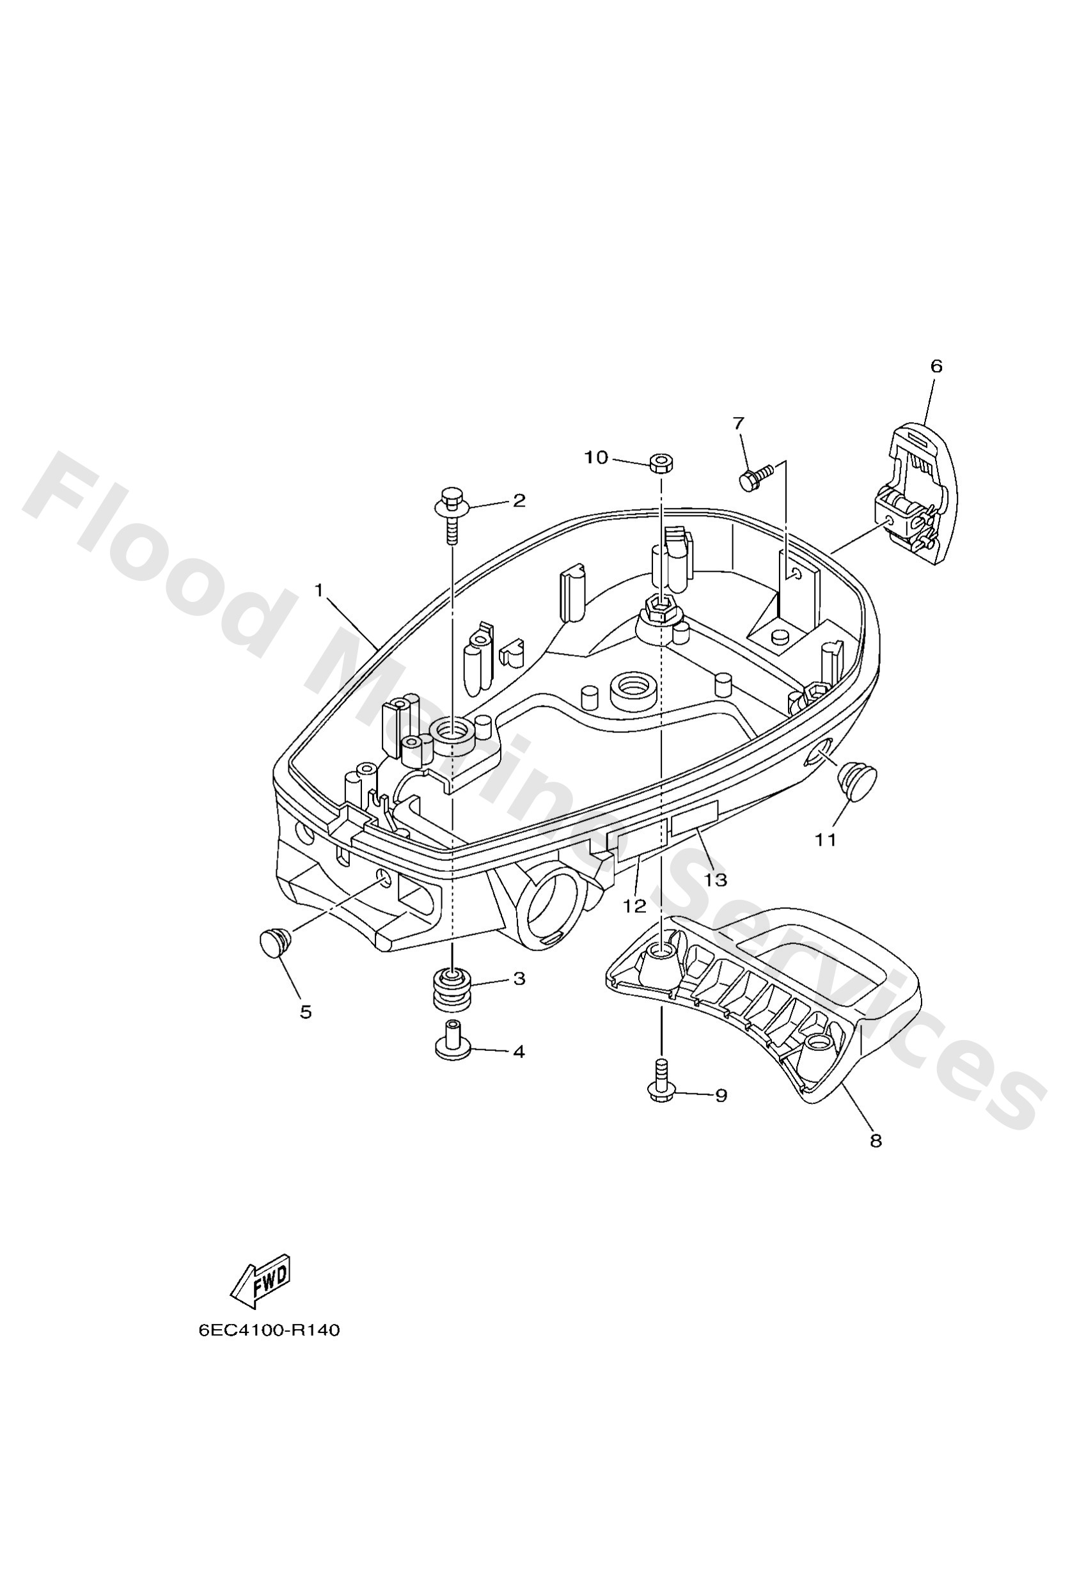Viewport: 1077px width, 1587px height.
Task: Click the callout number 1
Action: [x=318, y=590]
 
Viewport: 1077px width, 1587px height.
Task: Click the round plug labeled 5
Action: [x=275, y=944]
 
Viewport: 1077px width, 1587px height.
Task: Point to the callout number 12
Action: [x=634, y=906]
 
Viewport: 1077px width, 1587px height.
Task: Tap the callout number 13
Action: [x=716, y=880]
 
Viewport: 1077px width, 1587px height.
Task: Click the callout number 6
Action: [x=936, y=366]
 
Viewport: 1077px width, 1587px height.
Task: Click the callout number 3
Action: [x=519, y=979]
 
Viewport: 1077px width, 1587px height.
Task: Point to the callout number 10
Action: [x=595, y=457]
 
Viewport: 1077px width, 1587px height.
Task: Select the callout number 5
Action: [x=305, y=1012]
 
